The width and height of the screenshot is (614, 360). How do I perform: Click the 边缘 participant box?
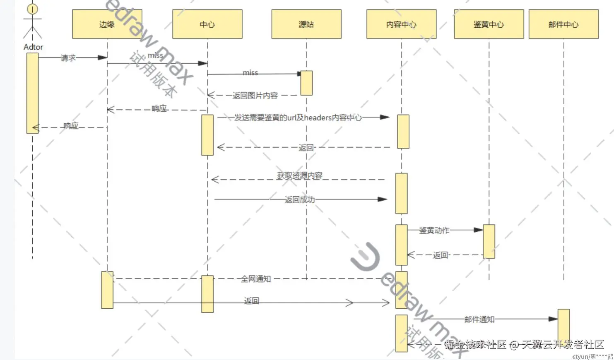click(x=107, y=24)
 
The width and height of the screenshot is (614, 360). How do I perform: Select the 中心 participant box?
click(x=207, y=24)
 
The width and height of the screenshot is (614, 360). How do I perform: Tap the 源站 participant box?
click(x=306, y=24)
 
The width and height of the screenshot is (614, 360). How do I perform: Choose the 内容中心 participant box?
click(x=401, y=24)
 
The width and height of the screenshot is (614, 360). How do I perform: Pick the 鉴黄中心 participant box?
click(x=489, y=24)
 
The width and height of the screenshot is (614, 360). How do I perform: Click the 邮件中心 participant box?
click(x=563, y=24)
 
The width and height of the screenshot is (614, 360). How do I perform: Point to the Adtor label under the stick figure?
click(x=33, y=47)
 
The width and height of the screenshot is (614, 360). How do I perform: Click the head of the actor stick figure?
click(x=32, y=9)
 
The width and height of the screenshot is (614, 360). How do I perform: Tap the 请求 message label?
click(x=68, y=58)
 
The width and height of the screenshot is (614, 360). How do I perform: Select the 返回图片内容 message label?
click(x=255, y=96)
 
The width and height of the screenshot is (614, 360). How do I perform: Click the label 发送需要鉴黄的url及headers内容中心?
click(x=298, y=118)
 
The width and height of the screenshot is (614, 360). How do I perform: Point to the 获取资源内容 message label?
click(x=299, y=175)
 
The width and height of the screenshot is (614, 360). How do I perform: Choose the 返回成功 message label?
click(x=300, y=199)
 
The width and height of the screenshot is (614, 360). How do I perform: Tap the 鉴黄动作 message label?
click(x=434, y=230)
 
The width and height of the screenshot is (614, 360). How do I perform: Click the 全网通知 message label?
click(x=256, y=279)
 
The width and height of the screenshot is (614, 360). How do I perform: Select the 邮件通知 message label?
click(x=479, y=319)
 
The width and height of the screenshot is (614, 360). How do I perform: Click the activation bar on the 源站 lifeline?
click(x=306, y=83)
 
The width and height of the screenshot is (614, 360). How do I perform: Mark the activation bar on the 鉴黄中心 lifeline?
click(x=489, y=241)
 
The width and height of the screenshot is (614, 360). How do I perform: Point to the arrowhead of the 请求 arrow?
click(x=102, y=58)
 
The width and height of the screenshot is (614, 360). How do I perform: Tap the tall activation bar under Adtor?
click(x=32, y=93)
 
